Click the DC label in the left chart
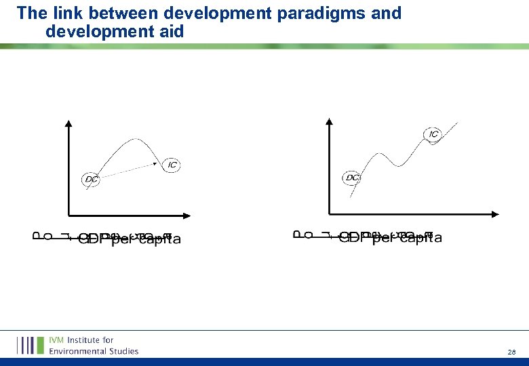[x=91, y=180]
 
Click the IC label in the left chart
[x=172, y=165]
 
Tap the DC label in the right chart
[x=352, y=178]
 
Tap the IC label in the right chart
[x=433, y=134]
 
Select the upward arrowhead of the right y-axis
[x=329, y=123]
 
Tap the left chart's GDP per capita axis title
[x=130, y=239]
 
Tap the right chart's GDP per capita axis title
[x=390, y=237]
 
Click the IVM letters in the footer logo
[x=58, y=340]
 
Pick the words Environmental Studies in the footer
[x=93, y=350]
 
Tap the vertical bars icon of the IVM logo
[x=30, y=345]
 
